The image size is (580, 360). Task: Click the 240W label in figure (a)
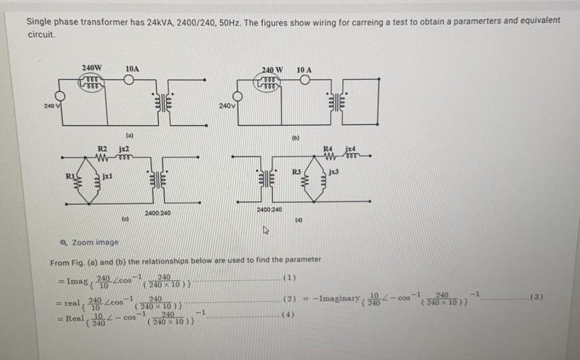(92, 68)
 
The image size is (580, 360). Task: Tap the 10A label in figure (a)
(132, 69)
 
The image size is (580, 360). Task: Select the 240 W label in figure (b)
(274, 69)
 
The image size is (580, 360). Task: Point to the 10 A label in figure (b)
(304, 69)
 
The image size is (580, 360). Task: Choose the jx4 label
(350, 148)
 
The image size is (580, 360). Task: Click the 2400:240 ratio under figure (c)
(158, 213)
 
